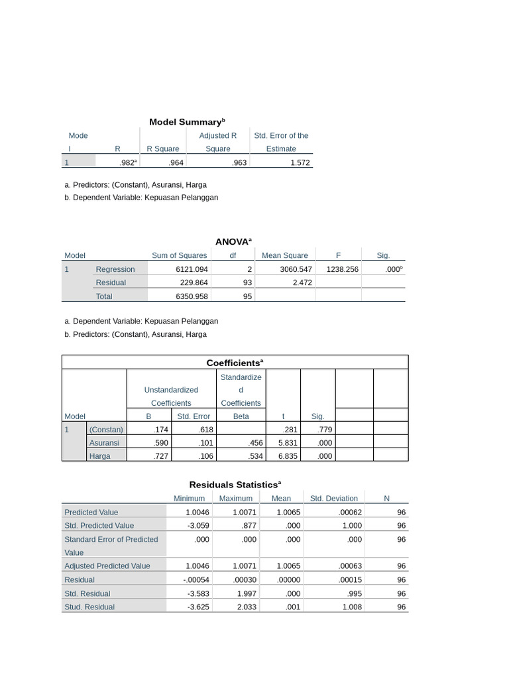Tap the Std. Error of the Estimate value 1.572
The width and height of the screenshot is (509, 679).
pos(300,162)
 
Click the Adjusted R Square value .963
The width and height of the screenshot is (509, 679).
pos(239,162)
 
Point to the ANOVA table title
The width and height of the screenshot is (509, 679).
pos(233,242)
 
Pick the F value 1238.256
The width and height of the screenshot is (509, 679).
pos(342,269)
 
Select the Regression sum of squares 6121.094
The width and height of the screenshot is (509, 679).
pos(192,269)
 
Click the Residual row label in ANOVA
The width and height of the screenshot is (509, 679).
pos(111,282)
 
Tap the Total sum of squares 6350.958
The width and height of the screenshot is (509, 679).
pos(192,296)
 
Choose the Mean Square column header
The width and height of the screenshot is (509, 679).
pos(285,255)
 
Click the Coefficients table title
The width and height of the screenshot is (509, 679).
pos(235,363)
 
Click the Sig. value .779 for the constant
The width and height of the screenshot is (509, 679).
pos(325,430)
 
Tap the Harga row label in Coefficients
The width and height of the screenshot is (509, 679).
pos(100,456)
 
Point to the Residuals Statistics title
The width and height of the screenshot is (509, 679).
pos(235,485)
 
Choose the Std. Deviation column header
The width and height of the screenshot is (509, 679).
pos(334,499)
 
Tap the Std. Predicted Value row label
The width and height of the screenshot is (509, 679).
pos(99,525)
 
